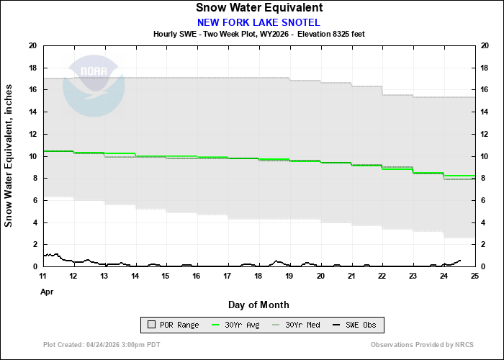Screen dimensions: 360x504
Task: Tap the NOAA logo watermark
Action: (94, 86)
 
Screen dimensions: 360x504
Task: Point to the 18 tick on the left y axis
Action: (32, 68)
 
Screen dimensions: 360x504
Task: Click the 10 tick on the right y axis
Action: (486, 156)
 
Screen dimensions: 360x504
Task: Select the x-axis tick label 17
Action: (228, 276)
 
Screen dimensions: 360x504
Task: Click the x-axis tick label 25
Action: (474, 276)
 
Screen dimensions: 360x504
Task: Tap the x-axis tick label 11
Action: (43, 276)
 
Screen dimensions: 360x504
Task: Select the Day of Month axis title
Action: (258, 305)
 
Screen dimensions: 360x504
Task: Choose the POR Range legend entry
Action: (173, 325)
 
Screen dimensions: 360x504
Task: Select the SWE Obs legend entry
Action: (353, 325)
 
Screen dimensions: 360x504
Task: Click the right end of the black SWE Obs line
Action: (460, 261)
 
